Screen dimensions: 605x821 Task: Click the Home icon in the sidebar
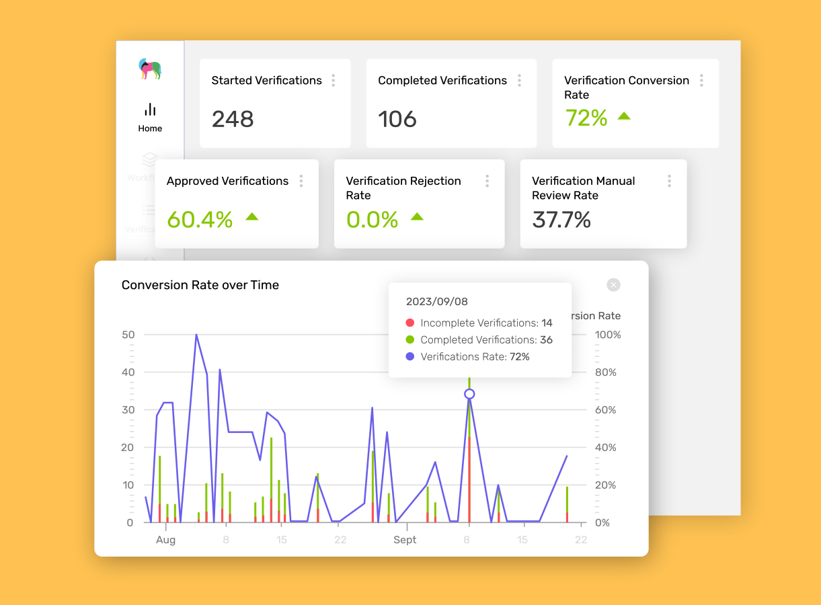point(150,110)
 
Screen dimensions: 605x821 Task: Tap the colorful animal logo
point(150,69)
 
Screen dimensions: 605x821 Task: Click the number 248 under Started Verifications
point(233,120)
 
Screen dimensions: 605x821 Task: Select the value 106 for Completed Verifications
point(397,120)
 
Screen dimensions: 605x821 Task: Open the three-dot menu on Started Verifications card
point(333,81)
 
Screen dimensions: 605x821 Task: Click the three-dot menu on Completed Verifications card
point(519,81)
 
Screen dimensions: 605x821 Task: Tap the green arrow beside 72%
point(624,116)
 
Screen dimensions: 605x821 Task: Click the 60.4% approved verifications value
point(200,219)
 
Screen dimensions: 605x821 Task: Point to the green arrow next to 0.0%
point(417,216)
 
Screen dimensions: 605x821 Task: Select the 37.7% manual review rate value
point(561,219)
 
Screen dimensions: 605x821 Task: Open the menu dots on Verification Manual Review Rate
point(669,181)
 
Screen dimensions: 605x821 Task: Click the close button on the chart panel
point(613,285)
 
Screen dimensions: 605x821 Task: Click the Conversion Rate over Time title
point(200,285)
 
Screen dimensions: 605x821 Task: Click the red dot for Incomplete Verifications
point(410,323)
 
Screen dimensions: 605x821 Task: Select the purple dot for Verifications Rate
point(410,357)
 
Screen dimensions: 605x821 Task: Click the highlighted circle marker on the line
point(469,394)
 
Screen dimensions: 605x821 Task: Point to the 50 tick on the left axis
point(128,335)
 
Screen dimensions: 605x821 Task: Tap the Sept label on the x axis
point(405,540)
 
